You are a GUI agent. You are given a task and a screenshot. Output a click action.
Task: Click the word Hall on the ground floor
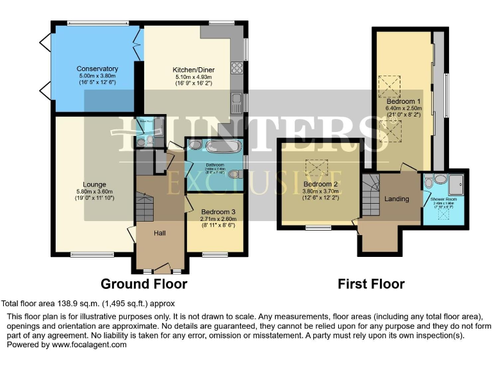[160, 233]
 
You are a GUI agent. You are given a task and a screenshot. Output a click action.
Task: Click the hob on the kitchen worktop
[237, 66]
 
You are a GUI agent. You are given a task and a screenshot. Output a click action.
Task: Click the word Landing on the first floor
[397, 199]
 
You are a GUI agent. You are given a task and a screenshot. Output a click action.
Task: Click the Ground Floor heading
[144, 284]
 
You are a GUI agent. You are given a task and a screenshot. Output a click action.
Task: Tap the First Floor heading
[372, 284]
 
